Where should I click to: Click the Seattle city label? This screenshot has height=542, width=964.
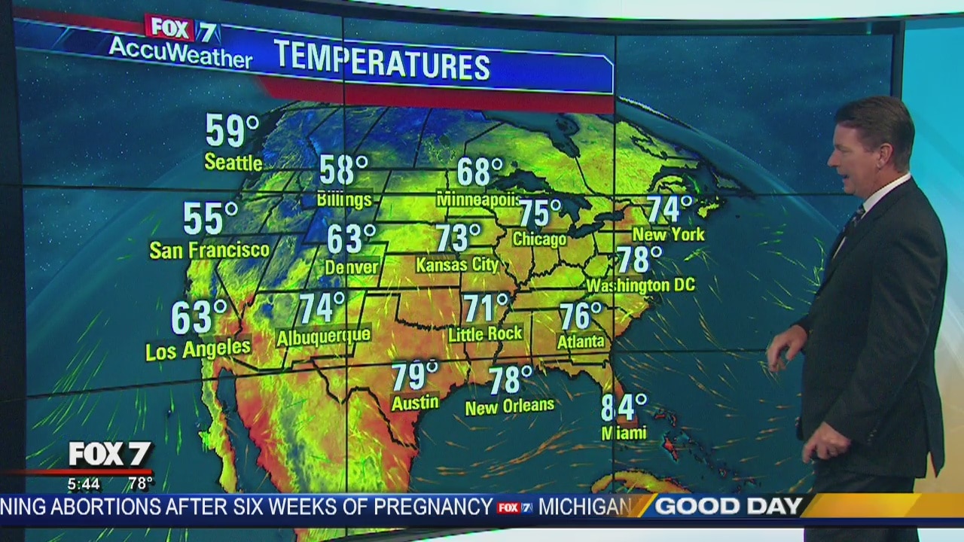pos(233,162)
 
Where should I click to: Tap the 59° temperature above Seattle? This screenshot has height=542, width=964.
pos(232,131)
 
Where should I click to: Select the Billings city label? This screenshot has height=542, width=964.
pos(344,199)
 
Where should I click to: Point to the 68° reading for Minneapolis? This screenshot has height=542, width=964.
pos(480,172)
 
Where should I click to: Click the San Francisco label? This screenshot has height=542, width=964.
pos(209,250)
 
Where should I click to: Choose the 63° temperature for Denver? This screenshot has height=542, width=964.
pos(351,239)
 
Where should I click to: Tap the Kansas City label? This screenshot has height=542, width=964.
pos(457,265)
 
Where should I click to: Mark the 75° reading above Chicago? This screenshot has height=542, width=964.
pos(539,213)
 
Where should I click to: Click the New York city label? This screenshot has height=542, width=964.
pos(668,234)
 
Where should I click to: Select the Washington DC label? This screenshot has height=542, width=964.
pos(640,286)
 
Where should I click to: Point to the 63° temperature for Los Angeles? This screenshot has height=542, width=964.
pos(199,317)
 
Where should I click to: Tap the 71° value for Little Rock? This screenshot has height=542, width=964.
pos(486,308)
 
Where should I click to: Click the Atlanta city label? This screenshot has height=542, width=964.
pos(581,342)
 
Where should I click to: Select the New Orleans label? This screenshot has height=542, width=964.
pos(509,406)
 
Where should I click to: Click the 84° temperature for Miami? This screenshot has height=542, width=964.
pos(624,407)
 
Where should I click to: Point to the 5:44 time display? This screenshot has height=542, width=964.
pos(84,483)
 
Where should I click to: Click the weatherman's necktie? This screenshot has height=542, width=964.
pos(854,219)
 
